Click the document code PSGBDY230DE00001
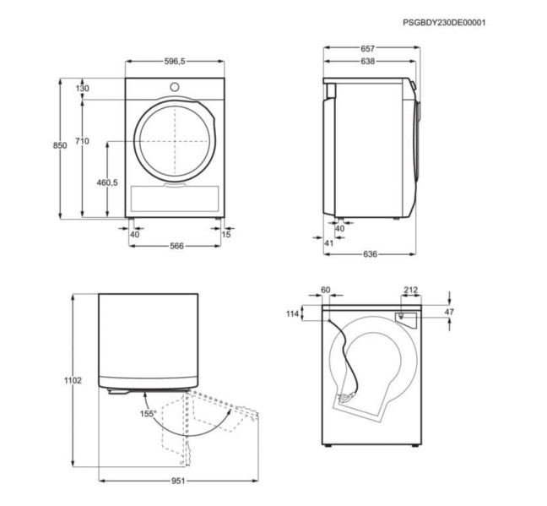(x=444, y=23)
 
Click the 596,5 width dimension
(x=175, y=62)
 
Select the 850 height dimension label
(x=60, y=145)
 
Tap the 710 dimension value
(x=83, y=141)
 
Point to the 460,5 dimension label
(x=107, y=182)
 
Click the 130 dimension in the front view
(x=83, y=89)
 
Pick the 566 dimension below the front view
(x=177, y=246)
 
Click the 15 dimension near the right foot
(x=226, y=234)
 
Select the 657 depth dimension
(x=368, y=48)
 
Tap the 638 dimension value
(x=368, y=62)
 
